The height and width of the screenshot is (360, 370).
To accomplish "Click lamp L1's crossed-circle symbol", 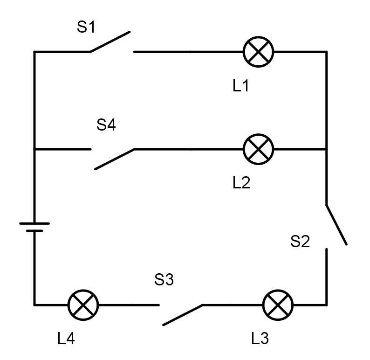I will [x=259, y=52].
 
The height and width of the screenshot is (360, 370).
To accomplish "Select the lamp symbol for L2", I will [x=259, y=149].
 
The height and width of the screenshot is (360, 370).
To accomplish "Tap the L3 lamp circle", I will [x=278, y=305].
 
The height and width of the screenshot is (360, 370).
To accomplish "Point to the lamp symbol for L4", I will [x=83, y=305].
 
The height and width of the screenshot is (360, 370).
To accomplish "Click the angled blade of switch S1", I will [x=110, y=42].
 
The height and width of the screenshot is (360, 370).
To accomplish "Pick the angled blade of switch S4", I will [x=115, y=159].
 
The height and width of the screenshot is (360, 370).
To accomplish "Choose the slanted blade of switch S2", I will [x=336, y=224].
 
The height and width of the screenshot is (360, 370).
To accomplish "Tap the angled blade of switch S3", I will [x=182, y=315].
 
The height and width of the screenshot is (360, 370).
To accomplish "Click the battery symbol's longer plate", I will [x=34, y=224].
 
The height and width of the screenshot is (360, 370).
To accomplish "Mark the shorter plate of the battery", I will [x=34, y=230].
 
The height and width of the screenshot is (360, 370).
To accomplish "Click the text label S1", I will [x=86, y=28].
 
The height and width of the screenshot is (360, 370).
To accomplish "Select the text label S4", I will [x=106, y=125].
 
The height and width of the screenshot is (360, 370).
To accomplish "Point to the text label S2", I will [x=300, y=242].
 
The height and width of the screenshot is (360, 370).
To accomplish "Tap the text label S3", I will [x=164, y=280].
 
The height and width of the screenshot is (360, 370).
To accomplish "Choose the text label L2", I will [x=241, y=183].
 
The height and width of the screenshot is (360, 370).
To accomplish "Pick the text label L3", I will [x=260, y=339].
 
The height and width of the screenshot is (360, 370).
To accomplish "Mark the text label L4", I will [x=66, y=339].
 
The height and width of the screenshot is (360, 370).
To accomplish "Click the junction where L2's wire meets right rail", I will [x=326, y=149].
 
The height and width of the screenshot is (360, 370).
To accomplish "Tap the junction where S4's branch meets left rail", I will [x=34, y=149].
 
